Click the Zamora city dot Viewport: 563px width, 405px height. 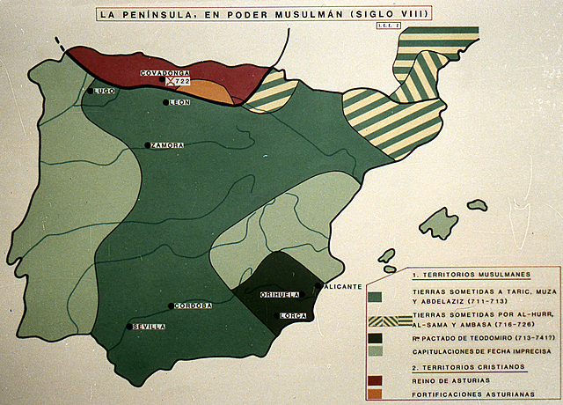click(147, 144)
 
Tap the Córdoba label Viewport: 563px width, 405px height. click(194, 306)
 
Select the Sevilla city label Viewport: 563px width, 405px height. click(150, 327)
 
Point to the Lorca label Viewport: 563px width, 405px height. click(293, 315)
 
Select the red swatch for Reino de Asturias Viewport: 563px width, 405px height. click(376, 380)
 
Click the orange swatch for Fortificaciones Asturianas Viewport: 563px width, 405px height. click(376, 394)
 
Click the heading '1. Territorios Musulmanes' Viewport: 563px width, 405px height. click(453, 276)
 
